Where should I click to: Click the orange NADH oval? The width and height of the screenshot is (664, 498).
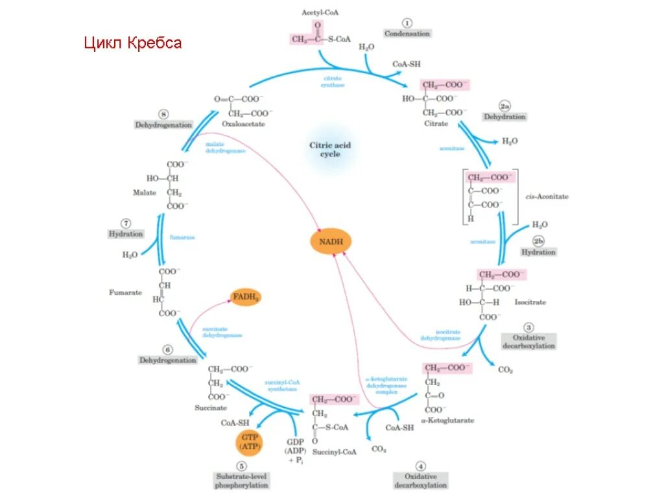point(330,242)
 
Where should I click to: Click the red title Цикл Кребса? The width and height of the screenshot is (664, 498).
point(134,43)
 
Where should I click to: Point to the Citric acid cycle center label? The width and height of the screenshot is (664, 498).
point(330,150)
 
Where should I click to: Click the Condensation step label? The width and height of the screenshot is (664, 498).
point(407,33)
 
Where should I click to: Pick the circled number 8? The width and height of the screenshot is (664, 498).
point(163,113)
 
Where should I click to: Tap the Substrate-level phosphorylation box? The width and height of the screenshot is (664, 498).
point(242,480)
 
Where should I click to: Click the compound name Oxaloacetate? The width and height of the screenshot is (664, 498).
point(243,123)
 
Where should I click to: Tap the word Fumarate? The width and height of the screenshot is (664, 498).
point(125,292)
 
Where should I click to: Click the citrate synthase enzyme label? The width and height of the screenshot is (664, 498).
point(334,81)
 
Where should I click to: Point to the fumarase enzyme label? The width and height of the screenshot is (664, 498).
point(182,237)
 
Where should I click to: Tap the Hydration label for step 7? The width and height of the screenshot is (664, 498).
point(126,233)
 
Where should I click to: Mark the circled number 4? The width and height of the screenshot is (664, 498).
point(420,466)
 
